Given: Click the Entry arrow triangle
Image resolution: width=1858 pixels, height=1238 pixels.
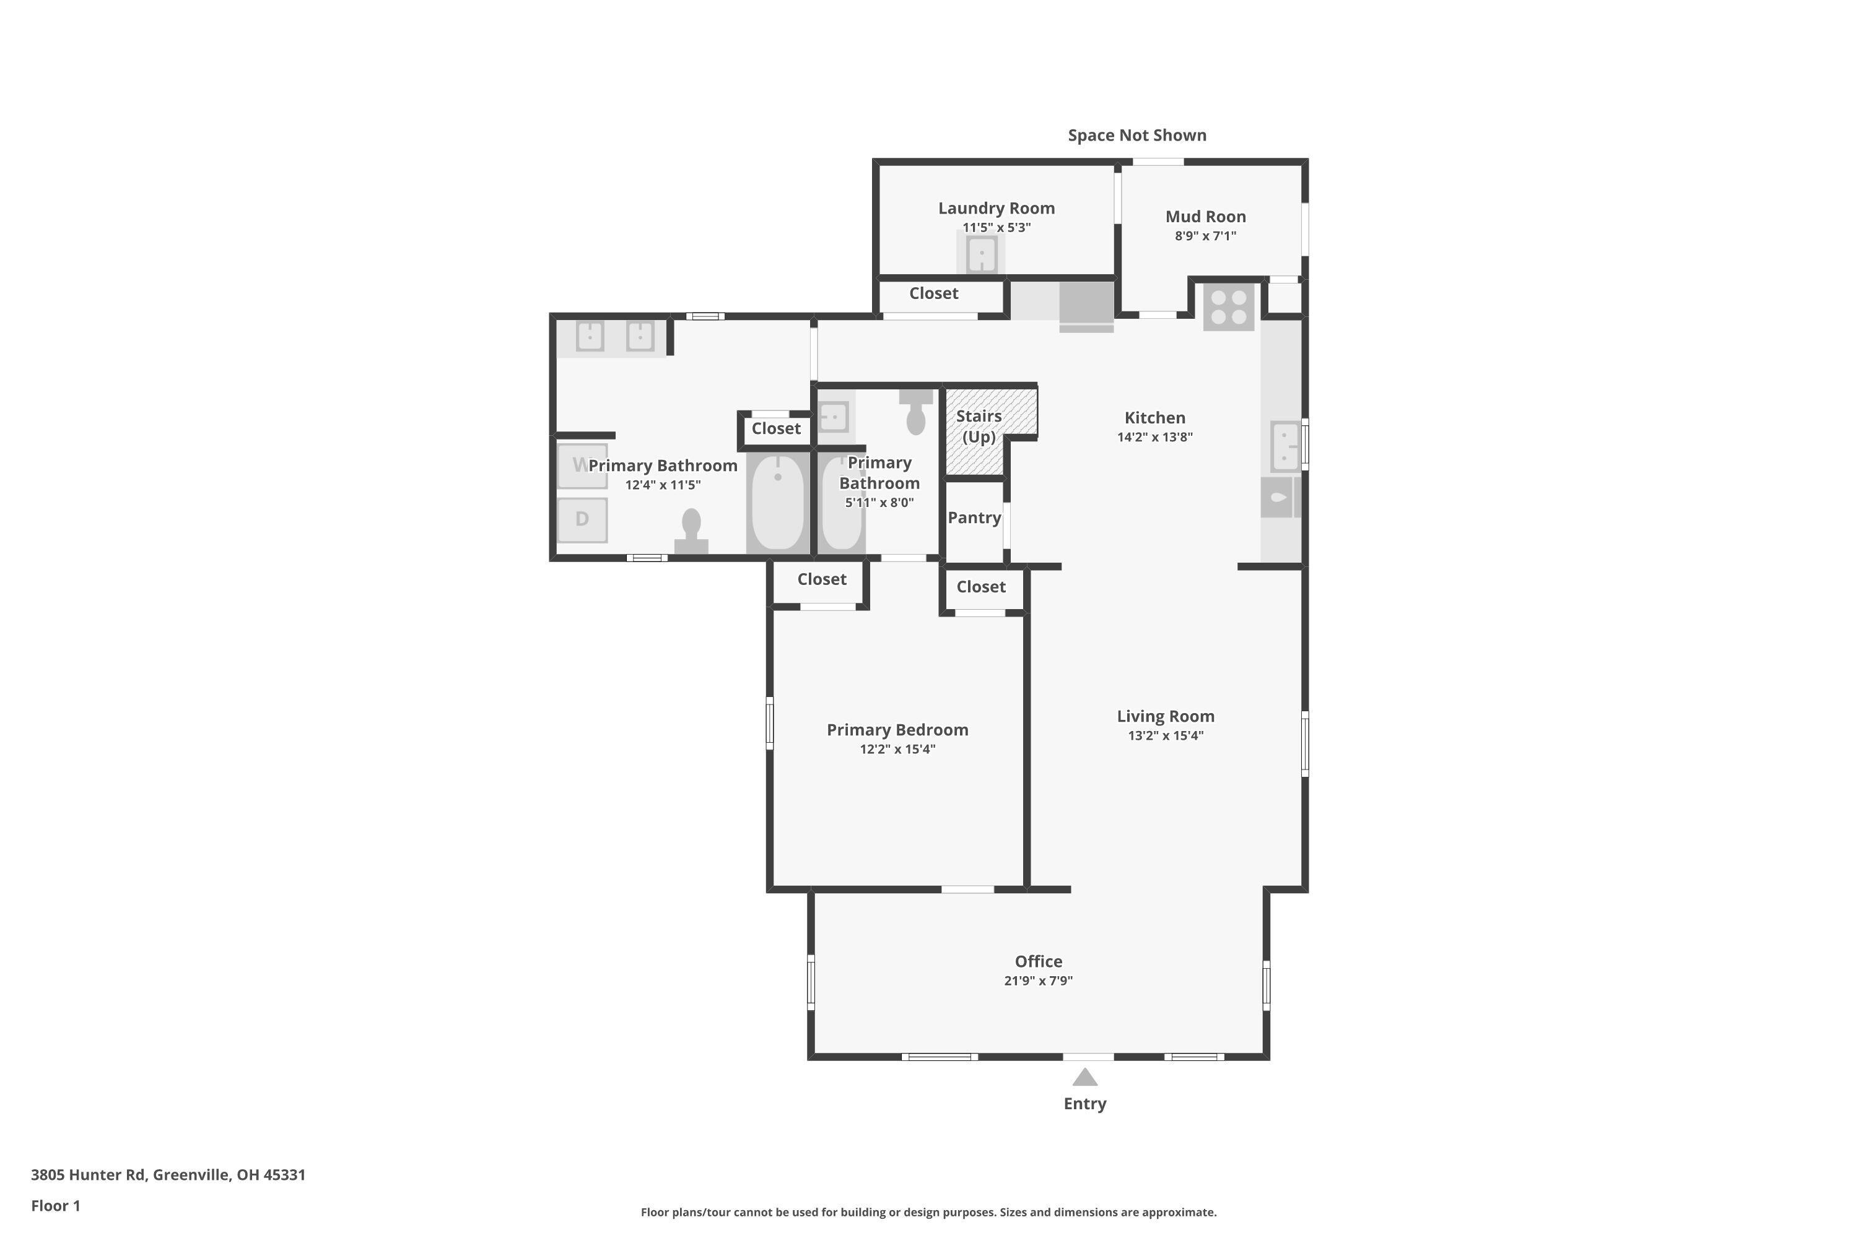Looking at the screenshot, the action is click(1084, 1077).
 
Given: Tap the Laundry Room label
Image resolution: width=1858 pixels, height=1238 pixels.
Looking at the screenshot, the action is click(996, 209).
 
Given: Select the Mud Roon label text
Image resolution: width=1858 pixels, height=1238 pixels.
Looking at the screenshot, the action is click(1205, 216).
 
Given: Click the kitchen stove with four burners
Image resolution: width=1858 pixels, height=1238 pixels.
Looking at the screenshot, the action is click(1228, 307).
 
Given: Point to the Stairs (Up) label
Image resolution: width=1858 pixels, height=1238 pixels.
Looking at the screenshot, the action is click(979, 426).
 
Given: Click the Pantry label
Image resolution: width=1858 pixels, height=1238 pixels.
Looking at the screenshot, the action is click(974, 518).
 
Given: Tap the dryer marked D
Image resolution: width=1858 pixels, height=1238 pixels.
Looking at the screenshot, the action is click(582, 519).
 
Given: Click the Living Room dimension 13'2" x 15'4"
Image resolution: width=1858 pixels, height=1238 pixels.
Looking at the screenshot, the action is click(1165, 736).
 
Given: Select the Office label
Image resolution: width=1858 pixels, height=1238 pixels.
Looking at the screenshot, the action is click(1038, 962).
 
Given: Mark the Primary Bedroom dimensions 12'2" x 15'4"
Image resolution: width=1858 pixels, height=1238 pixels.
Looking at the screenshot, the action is click(897, 749).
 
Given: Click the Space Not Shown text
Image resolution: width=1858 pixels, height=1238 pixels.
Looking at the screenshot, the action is click(1136, 135).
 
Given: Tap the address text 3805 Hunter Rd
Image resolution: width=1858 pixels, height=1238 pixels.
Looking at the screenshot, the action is click(88, 1175).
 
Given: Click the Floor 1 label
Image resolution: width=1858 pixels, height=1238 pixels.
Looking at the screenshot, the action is click(55, 1206).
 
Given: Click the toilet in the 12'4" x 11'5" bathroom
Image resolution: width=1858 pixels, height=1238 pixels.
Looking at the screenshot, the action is click(691, 530).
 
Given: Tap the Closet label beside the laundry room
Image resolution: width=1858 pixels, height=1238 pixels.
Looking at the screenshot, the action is click(934, 293).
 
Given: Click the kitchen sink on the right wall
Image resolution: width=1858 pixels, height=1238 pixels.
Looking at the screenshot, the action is click(1285, 446).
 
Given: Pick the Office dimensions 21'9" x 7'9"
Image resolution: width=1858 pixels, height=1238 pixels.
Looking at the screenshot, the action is click(1038, 981).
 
